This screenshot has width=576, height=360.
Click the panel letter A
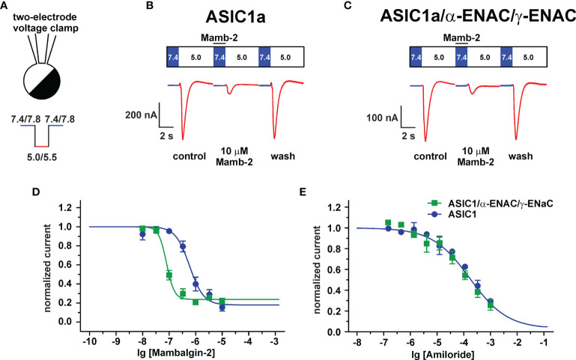pos(6,7)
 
